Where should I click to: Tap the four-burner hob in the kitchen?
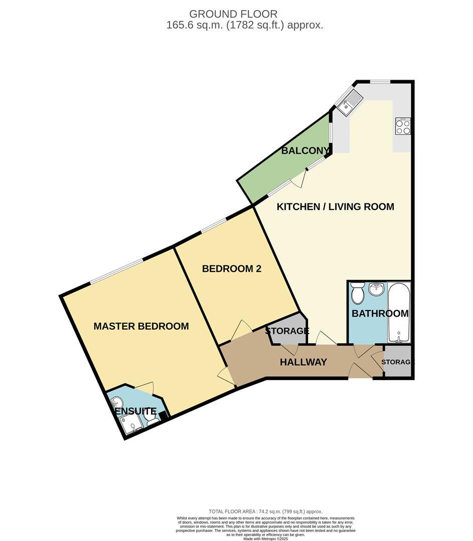click(x=403, y=126)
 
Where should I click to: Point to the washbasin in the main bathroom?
click(x=376, y=290)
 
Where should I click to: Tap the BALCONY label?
click(x=305, y=150)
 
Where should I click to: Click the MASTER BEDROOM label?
click(x=141, y=327)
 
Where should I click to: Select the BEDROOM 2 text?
click(x=231, y=269)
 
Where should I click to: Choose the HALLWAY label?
click(x=303, y=362)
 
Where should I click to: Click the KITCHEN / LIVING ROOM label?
click(x=336, y=206)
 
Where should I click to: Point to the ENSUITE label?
click(x=136, y=412)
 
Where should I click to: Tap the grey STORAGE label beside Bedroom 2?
click(x=287, y=331)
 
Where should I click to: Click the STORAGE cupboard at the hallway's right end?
click(x=398, y=362)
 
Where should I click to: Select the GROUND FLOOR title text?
click(x=233, y=14)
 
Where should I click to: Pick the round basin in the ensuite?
click(x=117, y=402)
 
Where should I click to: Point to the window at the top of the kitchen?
click(x=380, y=82)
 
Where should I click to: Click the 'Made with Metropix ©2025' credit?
click(x=266, y=538)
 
